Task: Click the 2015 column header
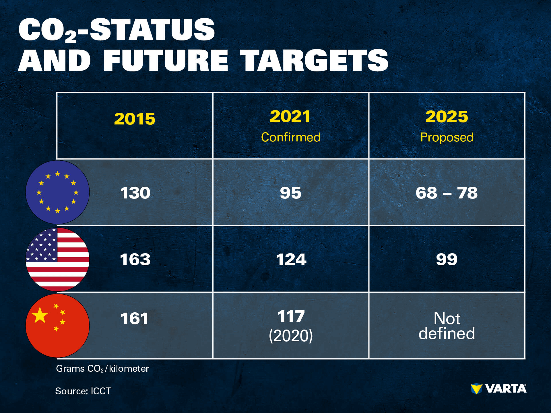pyautogui.click(x=135, y=119)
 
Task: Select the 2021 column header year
pyautogui.click(x=290, y=116)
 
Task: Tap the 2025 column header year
pyautogui.click(x=447, y=116)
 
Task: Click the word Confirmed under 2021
pyautogui.click(x=291, y=137)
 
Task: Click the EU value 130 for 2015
pyautogui.click(x=135, y=193)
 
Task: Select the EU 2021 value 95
pyautogui.click(x=291, y=193)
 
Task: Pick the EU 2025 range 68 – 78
pyautogui.click(x=447, y=193)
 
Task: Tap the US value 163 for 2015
pyautogui.click(x=135, y=260)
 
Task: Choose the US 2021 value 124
pyautogui.click(x=291, y=260)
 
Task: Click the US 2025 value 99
pyautogui.click(x=447, y=260)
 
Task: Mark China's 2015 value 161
pyautogui.click(x=134, y=319)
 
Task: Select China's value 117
pyautogui.click(x=291, y=316)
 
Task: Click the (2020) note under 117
pyautogui.click(x=291, y=336)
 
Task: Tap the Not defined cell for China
pyautogui.click(x=447, y=326)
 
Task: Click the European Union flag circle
pyautogui.click(x=57, y=192)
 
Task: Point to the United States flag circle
pyautogui.click(x=57, y=259)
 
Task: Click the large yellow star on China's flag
pyautogui.click(x=40, y=315)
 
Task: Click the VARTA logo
pyautogui.click(x=498, y=389)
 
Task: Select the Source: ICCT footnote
pyautogui.click(x=83, y=391)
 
